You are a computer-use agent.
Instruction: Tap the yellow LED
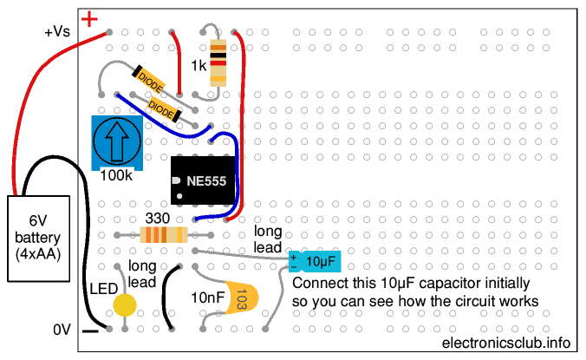click(x=126, y=304)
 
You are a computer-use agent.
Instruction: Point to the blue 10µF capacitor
click(x=313, y=261)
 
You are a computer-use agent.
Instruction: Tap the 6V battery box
click(x=40, y=238)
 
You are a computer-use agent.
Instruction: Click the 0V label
click(x=62, y=330)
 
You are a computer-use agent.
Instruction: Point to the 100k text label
click(x=117, y=175)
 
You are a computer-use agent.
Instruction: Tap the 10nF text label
click(x=208, y=298)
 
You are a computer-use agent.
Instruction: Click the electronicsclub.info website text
click(x=507, y=343)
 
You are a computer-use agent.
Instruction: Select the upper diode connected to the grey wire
click(x=149, y=82)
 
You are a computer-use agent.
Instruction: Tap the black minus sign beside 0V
click(x=89, y=331)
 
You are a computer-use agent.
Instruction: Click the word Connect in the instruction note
click(x=320, y=284)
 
